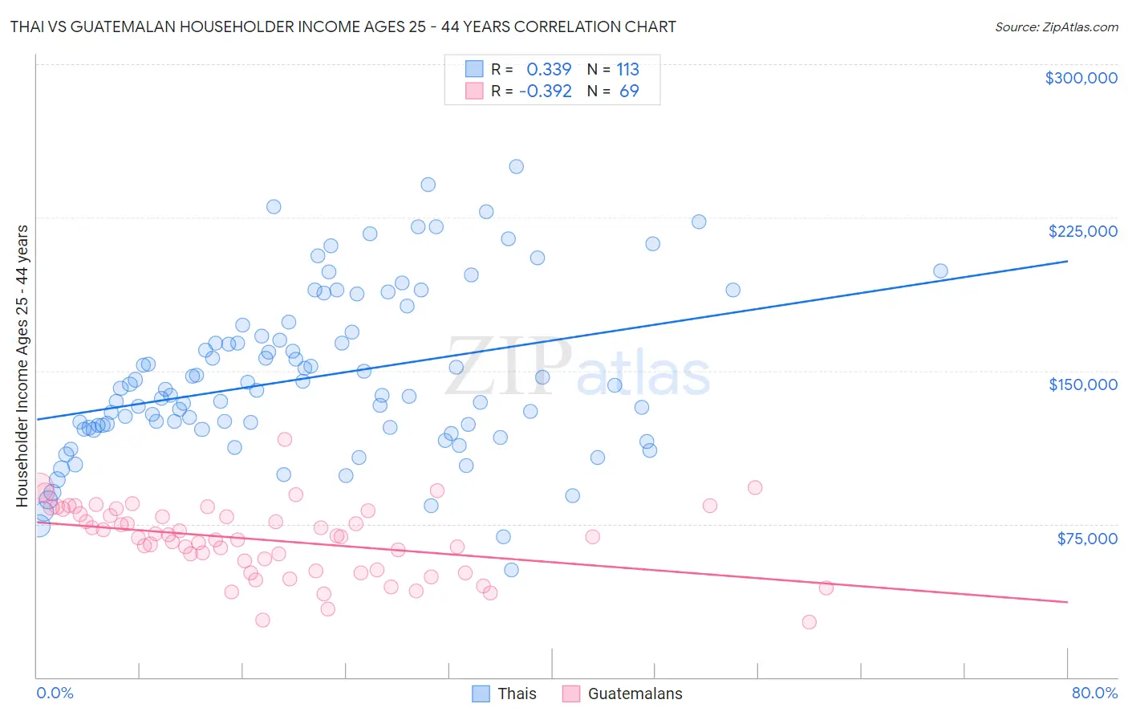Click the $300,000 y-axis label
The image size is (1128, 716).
click(x=1081, y=78)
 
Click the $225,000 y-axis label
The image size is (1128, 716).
click(x=1082, y=231)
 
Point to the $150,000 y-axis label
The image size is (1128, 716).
click(x=1082, y=384)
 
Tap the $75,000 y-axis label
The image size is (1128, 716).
click(x=1087, y=539)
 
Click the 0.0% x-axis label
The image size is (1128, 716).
click(x=55, y=693)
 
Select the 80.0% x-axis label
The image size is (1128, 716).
click(x=1094, y=693)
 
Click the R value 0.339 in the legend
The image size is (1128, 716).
click(x=549, y=70)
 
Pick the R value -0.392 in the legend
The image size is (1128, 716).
click(x=546, y=92)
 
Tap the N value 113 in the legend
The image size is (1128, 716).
click(x=627, y=70)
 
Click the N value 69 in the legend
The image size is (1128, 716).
click(x=629, y=92)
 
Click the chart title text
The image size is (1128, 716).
click(x=343, y=26)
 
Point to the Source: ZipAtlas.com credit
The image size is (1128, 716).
click(x=1056, y=26)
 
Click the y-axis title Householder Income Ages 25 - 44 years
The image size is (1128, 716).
click(x=22, y=366)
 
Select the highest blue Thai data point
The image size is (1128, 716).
click(x=517, y=167)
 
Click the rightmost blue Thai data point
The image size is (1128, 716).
click(x=940, y=271)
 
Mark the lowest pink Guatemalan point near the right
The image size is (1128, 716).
click(x=809, y=622)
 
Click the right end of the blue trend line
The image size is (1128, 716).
click(x=1067, y=261)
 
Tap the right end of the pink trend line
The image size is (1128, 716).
click(x=1067, y=602)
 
